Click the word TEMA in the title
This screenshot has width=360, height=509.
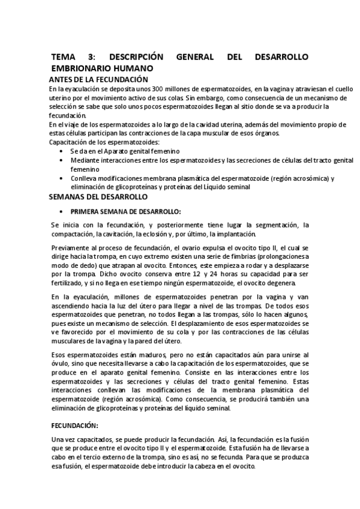(64, 57)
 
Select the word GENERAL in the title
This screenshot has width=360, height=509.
(200, 57)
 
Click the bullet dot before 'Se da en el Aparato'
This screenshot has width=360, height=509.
(63, 151)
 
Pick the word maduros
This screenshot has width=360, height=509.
(140, 355)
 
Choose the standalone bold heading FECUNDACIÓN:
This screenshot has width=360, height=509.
(74, 426)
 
